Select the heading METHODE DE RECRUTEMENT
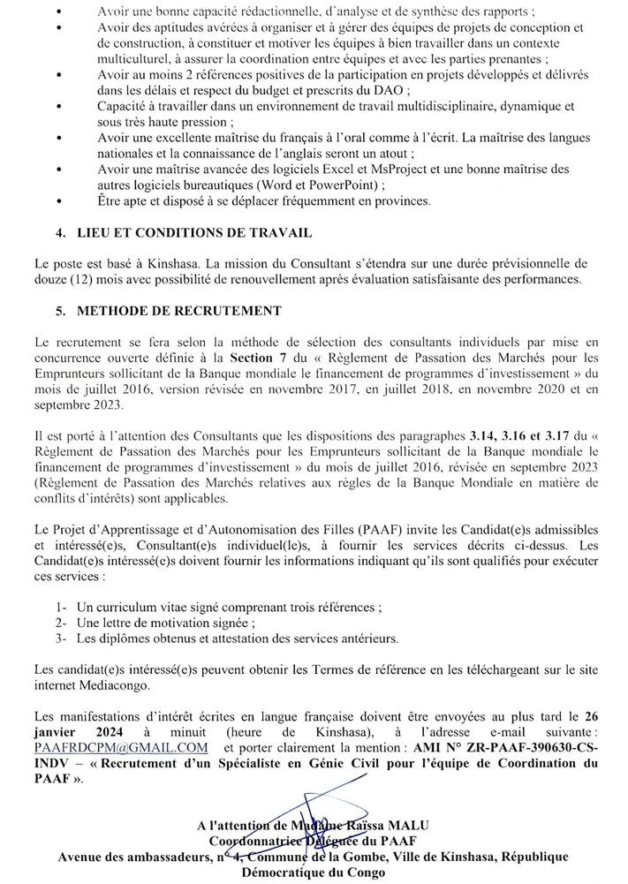click(179, 311)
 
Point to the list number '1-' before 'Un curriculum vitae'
click(61, 608)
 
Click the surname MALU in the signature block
click(397, 825)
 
